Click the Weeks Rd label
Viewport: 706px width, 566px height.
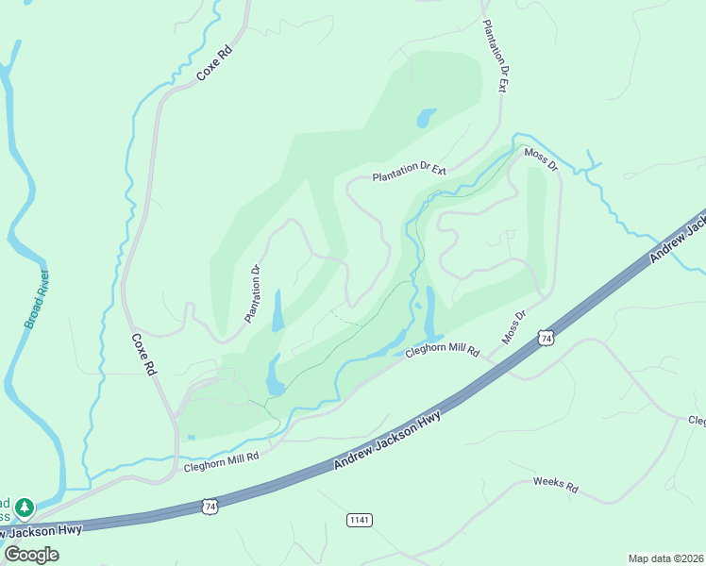point(555,485)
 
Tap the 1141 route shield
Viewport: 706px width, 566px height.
point(360,520)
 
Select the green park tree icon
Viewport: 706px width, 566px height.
point(25,508)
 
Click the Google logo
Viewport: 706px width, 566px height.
point(31,554)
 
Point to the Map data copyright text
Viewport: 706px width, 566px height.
point(665,558)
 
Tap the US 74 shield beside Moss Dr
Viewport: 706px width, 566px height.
point(545,337)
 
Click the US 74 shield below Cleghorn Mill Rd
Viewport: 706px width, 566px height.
point(210,507)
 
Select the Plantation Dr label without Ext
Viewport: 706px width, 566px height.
point(253,294)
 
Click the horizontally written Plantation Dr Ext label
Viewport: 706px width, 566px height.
point(409,173)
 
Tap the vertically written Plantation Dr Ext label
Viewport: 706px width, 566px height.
point(496,57)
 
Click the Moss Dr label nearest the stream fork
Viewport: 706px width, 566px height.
point(541,158)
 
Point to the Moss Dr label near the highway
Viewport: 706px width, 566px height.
point(513,328)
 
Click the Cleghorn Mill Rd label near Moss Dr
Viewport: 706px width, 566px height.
point(443,352)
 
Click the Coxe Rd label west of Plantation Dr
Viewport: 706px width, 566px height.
point(143,355)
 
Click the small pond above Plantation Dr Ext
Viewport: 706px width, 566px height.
point(426,118)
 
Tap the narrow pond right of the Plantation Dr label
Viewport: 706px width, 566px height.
point(277,311)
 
